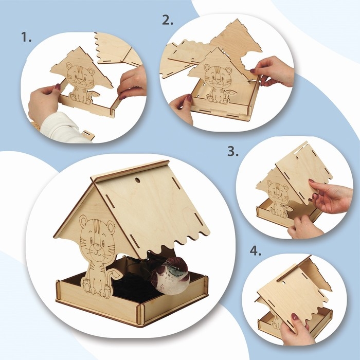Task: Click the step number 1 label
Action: pyautogui.click(x=26, y=37)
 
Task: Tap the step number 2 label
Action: pyautogui.click(x=167, y=20)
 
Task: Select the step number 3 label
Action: pyautogui.click(x=233, y=152)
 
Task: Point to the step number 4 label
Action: pyautogui.click(x=255, y=251)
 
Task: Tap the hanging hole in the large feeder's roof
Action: pyautogui.click(x=137, y=180)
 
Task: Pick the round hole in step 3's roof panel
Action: pyautogui.click(x=297, y=158)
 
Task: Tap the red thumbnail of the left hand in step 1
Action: pyautogui.click(x=58, y=86)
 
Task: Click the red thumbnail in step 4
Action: pyautogui.click(x=295, y=317)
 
